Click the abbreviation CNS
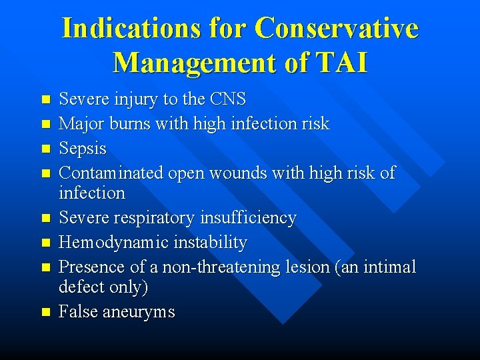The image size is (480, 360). pos(227,100)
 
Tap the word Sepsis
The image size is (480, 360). pos(83,148)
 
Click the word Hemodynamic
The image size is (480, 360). pos(115,243)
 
